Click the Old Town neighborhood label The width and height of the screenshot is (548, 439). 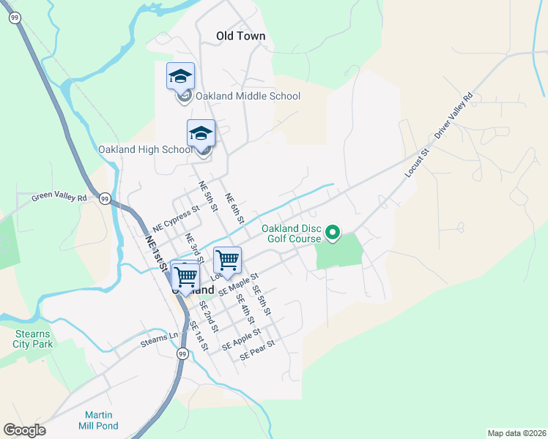pyautogui.click(x=240, y=36)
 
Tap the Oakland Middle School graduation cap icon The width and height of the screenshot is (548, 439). pyautogui.click(x=180, y=75)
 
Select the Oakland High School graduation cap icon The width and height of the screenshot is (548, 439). pyautogui.click(x=201, y=132)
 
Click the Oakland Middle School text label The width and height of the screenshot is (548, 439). pyautogui.click(x=248, y=96)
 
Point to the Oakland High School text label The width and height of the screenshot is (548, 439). pyautogui.click(x=145, y=150)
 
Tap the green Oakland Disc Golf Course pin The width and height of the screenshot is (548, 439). pyautogui.click(x=332, y=233)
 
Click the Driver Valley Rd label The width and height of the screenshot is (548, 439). pyautogui.click(x=454, y=116)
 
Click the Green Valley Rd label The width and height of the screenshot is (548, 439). pyautogui.click(x=59, y=197)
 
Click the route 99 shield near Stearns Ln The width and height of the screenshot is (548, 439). pyautogui.click(x=182, y=353)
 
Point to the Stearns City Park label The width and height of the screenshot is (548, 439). pyautogui.click(x=34, y=338)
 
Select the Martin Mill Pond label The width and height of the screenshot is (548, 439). pyautogui.click(x=98, y=420)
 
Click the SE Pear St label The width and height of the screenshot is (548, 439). pyautogui.click(x=257, y=350)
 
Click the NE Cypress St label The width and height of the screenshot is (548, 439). pyautogui.click(x=176, y=218)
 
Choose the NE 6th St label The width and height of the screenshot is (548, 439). pyautogui.click(x=234, y=209)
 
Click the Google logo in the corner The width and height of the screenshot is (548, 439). pyautogui.click(x=24, y=430)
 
